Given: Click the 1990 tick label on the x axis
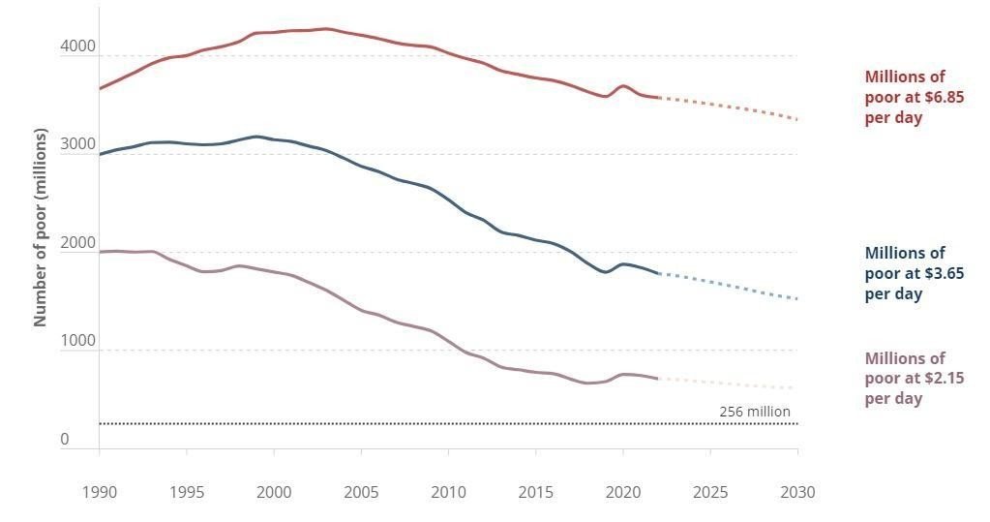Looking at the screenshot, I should point(99,492).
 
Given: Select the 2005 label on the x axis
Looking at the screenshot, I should point(361,492).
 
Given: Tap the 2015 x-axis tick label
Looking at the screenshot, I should point(535,492).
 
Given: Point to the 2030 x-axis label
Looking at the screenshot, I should point(797,492).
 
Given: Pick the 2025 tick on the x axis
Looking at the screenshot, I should point(710,492).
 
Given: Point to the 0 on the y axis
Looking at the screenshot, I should point(65,439).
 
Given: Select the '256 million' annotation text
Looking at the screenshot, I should point(755,412).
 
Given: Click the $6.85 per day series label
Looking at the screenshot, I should point(914,97).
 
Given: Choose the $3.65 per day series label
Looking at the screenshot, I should point(914,273).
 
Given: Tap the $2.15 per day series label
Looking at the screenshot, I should point(914,379).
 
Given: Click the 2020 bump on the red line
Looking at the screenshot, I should point(623,86).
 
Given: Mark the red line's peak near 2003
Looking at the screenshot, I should point(326,29).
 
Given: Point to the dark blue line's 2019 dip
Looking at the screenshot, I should point(606,272).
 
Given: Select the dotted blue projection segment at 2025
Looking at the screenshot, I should point(710,282).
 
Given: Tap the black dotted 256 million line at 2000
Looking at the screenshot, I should point(274,423).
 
